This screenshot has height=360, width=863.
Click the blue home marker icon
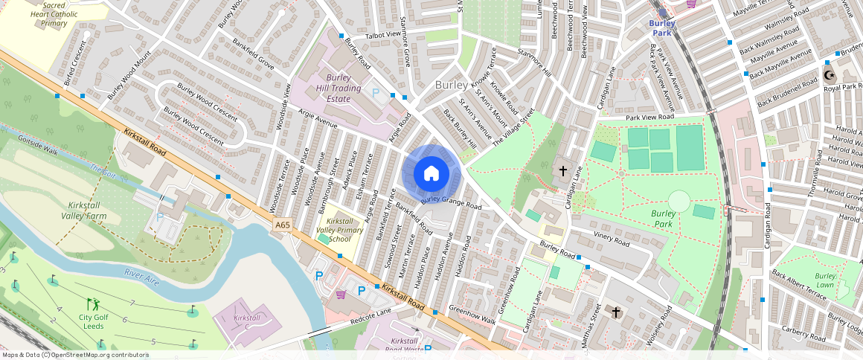click(x=431, y=174)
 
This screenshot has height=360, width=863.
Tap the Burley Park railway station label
click(x=662, y=28)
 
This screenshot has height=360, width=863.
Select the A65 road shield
click(x=282, y=225)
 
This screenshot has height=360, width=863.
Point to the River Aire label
click(x=141, y=277)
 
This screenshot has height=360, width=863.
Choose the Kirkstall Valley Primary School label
click(x=339, y=231)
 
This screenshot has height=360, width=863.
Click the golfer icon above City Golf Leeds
click(x=92, y=303)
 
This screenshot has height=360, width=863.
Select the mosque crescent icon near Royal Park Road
click(x=829, y=76)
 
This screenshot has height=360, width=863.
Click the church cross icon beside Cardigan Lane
click(x=562, y=171)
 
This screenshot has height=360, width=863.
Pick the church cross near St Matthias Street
click(x=615, y=312)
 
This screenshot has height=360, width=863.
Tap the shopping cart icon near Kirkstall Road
click(x=340, y=295)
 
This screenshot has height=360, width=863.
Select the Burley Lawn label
click(x=825, y=280)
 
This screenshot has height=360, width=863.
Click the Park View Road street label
click(x=649, y=118)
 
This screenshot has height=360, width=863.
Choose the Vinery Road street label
click(x=611, y=239)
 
